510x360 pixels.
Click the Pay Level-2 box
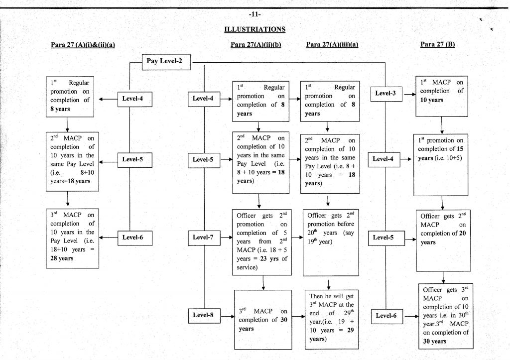click(164, 61)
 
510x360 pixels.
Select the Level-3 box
click(386, 94)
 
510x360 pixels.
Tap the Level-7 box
click(203, 238)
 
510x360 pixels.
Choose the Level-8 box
click(203, 315)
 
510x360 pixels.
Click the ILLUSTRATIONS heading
click(255, 29)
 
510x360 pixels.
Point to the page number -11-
click(255, 13)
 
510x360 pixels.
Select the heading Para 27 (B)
click(438, 44)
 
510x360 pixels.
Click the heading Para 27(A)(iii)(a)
click(332, 44)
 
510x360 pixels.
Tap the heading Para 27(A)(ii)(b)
click(256, 44)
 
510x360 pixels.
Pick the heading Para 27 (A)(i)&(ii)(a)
click(83, 44)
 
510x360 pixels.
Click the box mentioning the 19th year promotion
click(331, 242)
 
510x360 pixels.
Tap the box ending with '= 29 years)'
click(331, 317)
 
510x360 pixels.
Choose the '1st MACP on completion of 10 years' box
click(442, 96)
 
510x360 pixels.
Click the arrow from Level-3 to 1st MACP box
click(409, 94)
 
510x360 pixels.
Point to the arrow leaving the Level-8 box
click(226, 315)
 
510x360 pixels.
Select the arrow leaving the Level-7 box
click(226, 238)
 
